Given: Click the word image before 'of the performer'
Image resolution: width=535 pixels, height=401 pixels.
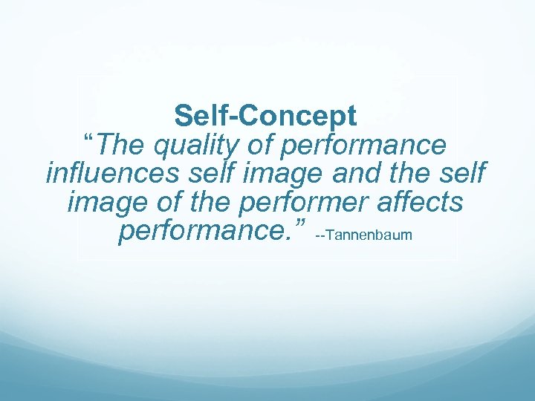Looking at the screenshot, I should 109,203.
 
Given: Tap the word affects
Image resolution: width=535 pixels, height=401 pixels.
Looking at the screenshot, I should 423,203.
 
